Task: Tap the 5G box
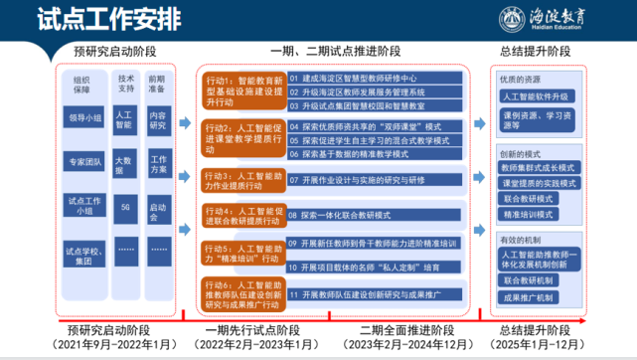point(124,207)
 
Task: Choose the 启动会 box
point(158,210)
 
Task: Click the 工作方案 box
point(158,165)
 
